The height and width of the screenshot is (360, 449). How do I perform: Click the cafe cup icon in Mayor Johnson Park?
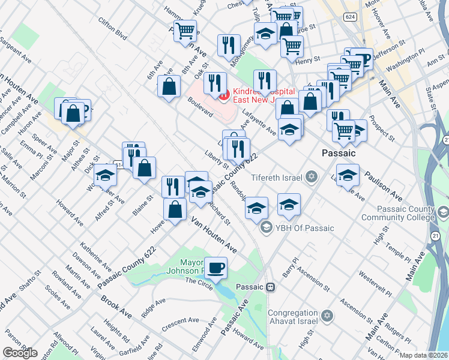[215, 267]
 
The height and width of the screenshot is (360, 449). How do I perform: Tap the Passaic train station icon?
[271, 287]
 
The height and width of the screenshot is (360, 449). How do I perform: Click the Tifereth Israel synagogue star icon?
[311, 176]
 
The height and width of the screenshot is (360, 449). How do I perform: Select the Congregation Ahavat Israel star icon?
[327, 316]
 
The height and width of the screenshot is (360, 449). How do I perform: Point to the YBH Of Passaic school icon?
[265, 227]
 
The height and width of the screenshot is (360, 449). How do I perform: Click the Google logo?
[19, 352]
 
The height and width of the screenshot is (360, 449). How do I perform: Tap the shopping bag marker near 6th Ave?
[169, 86]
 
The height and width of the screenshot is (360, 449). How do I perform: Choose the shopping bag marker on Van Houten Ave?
[175, 209]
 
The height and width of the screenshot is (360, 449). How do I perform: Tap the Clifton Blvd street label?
[113, 32]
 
